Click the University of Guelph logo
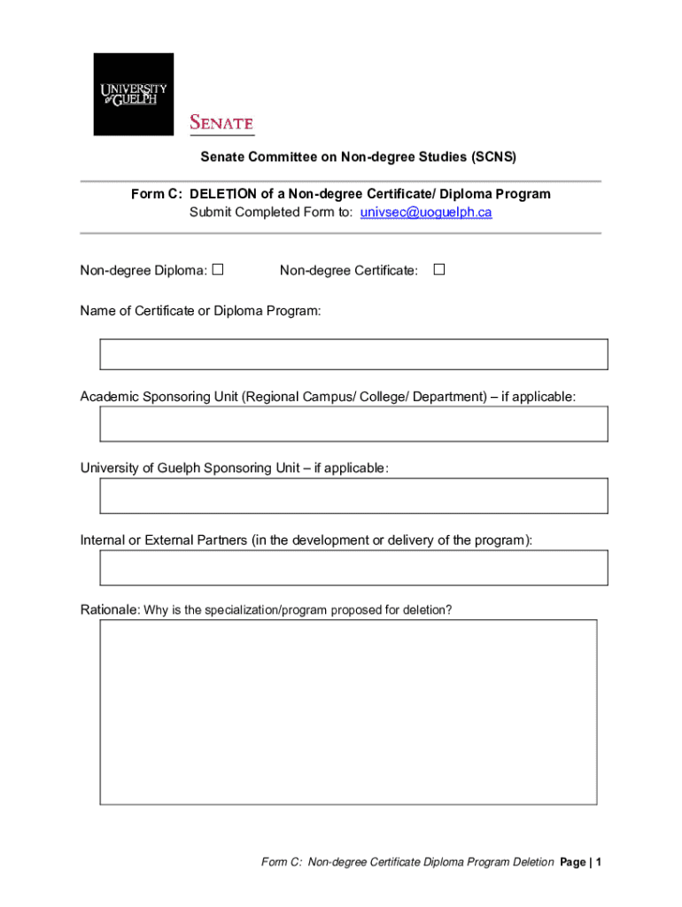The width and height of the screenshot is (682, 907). pos(134,94)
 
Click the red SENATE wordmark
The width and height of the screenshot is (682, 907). pos(221,123)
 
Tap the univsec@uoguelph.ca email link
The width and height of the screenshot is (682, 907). pos(426,213)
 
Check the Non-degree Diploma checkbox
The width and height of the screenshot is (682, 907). pos(217,269)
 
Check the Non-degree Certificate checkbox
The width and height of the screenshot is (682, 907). pos(438,269)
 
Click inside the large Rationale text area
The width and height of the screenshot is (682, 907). pos(348,711)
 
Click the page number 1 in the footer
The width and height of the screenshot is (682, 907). pos(599,862)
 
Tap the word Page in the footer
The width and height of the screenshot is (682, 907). pos(574,862)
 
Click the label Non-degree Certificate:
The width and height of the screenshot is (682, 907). pos(349,270)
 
